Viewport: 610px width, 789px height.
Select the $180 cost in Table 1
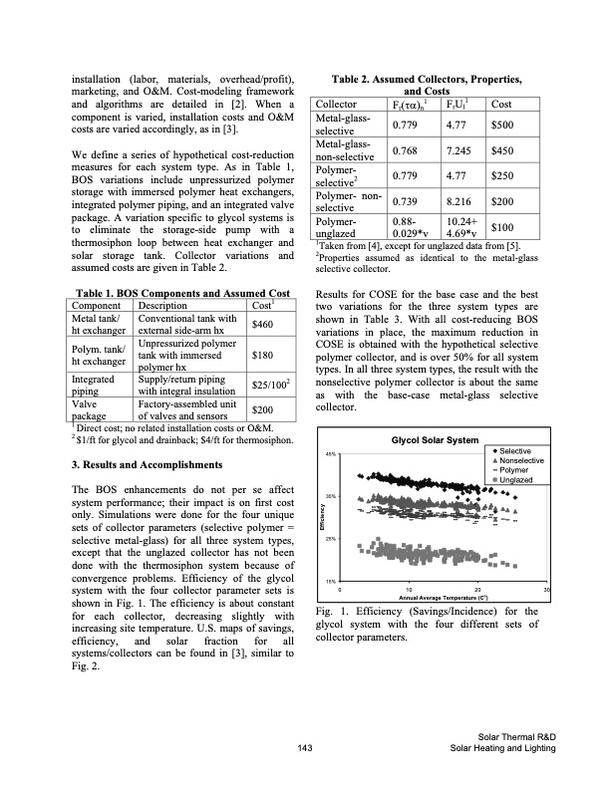click(x=264, y=353)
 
